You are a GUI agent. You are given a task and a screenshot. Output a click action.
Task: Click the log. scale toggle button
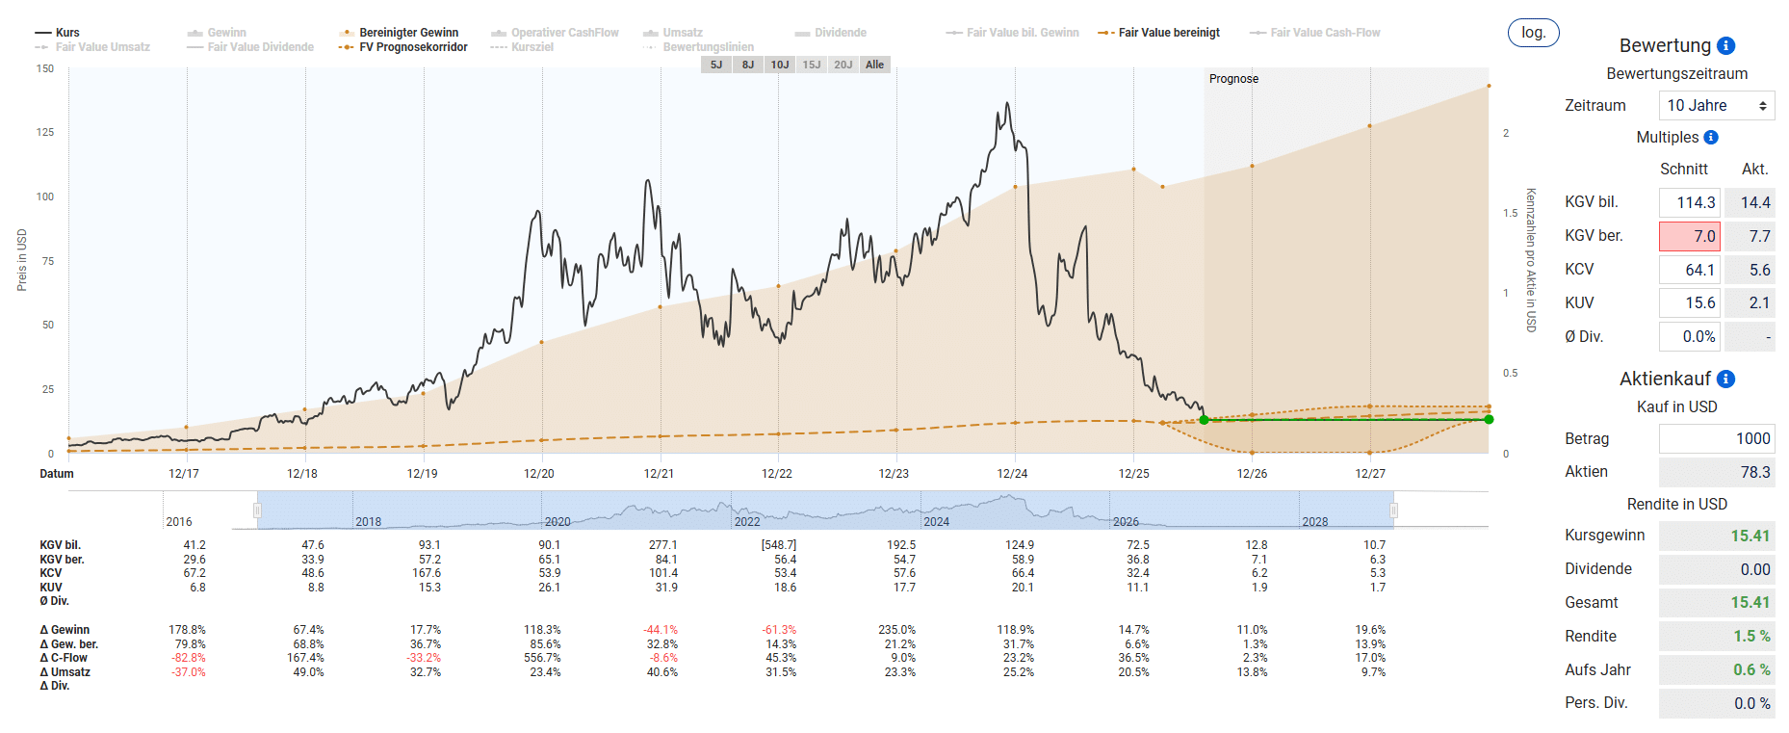[x=1533, y=33]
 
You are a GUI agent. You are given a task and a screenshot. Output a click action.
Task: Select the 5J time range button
[x=715, y=65]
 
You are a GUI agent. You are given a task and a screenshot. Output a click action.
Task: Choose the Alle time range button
[x=874, y=65]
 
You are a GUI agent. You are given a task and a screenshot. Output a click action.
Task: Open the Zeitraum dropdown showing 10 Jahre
[x=1717, y=106]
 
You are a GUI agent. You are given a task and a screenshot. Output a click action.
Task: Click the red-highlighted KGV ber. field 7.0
[x=1689, y=236]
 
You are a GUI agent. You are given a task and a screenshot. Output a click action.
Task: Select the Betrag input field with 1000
[x=1717, y=438]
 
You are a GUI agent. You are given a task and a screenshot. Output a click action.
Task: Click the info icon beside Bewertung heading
[x=1726, y=45]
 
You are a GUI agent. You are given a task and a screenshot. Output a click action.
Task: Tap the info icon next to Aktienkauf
[x=1726, y=379]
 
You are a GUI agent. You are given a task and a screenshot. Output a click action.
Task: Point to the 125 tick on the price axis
[x=45, y=132]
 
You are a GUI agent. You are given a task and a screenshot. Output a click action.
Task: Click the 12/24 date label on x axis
[x=1012, y=474]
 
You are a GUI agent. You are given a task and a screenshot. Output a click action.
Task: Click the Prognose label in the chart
[x=1233, y=79]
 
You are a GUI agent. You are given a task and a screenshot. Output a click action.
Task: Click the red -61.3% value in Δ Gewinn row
[x=779, y=630]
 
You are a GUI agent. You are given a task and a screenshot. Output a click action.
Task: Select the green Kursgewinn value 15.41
[x=1750, y=536]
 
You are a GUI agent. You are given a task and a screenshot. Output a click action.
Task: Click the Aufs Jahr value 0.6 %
[x=1751, y=669]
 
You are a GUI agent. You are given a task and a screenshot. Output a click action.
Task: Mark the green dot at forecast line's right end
[x=1489, y=419]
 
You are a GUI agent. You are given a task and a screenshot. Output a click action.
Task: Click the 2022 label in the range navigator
[x=747, y=522]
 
